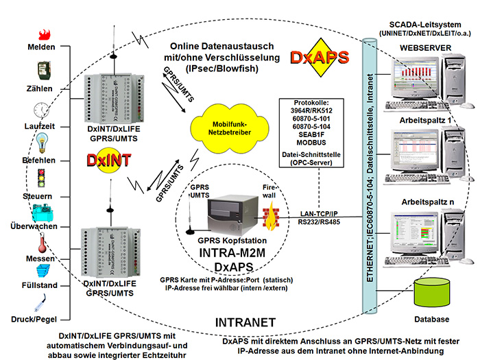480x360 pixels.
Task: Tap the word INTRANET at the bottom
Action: point(244,322)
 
